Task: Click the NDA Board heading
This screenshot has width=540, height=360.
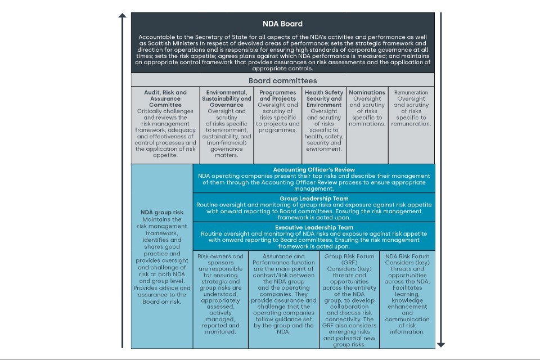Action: [x=282, y=24]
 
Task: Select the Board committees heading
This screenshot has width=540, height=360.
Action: [x=282, y=80]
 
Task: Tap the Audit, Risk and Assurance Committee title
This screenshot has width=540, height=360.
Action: [x=165, y=98]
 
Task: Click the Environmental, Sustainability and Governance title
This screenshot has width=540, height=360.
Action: [x=227, y=98]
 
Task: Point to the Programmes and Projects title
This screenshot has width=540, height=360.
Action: [x=277, y=96]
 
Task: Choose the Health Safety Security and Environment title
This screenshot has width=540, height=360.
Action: [x=324, y=98]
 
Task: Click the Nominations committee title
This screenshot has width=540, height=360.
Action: [x=367, y=92]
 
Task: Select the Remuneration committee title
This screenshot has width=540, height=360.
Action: [x=411, y=92]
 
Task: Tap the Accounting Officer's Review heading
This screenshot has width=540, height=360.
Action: [x=314, y=169]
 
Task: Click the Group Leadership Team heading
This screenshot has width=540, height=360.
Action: [x=314, y=199]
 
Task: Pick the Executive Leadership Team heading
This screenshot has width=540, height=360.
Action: [x=314, y=227]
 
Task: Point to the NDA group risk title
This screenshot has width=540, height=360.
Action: [x=162, y=213]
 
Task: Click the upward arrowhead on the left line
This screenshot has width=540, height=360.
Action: [x=123, y=15]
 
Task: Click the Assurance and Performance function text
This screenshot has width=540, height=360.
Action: [x=284, y=259]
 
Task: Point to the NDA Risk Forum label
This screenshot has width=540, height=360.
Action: [x=407, y=256]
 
